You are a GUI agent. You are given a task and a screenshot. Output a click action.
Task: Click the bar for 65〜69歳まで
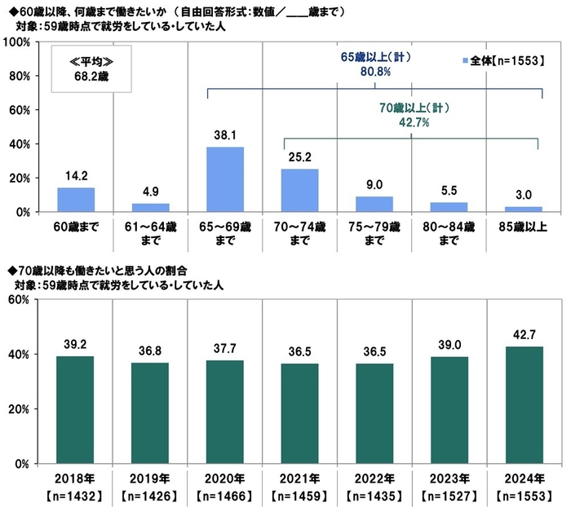pos(225,179)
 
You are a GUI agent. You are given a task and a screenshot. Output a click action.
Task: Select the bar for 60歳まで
pos(76,200)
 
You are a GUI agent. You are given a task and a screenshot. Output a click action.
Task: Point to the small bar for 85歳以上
pos(524,209)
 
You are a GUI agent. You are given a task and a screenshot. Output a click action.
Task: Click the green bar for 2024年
pos(524,405)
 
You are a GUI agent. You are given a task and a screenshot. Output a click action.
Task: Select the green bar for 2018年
pos(76,410)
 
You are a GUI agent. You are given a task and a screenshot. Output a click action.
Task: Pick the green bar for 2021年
pos(299,413)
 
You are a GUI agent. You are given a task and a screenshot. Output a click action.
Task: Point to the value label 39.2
pos(76,345)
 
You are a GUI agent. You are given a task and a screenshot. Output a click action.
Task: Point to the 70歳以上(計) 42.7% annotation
pos(415,115)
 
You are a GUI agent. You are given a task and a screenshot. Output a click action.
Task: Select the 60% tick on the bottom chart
pos(20,299)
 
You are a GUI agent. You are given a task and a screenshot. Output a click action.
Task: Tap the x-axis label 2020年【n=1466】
pos(225,486)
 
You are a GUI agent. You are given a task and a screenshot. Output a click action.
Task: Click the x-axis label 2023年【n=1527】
pos(449,486)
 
